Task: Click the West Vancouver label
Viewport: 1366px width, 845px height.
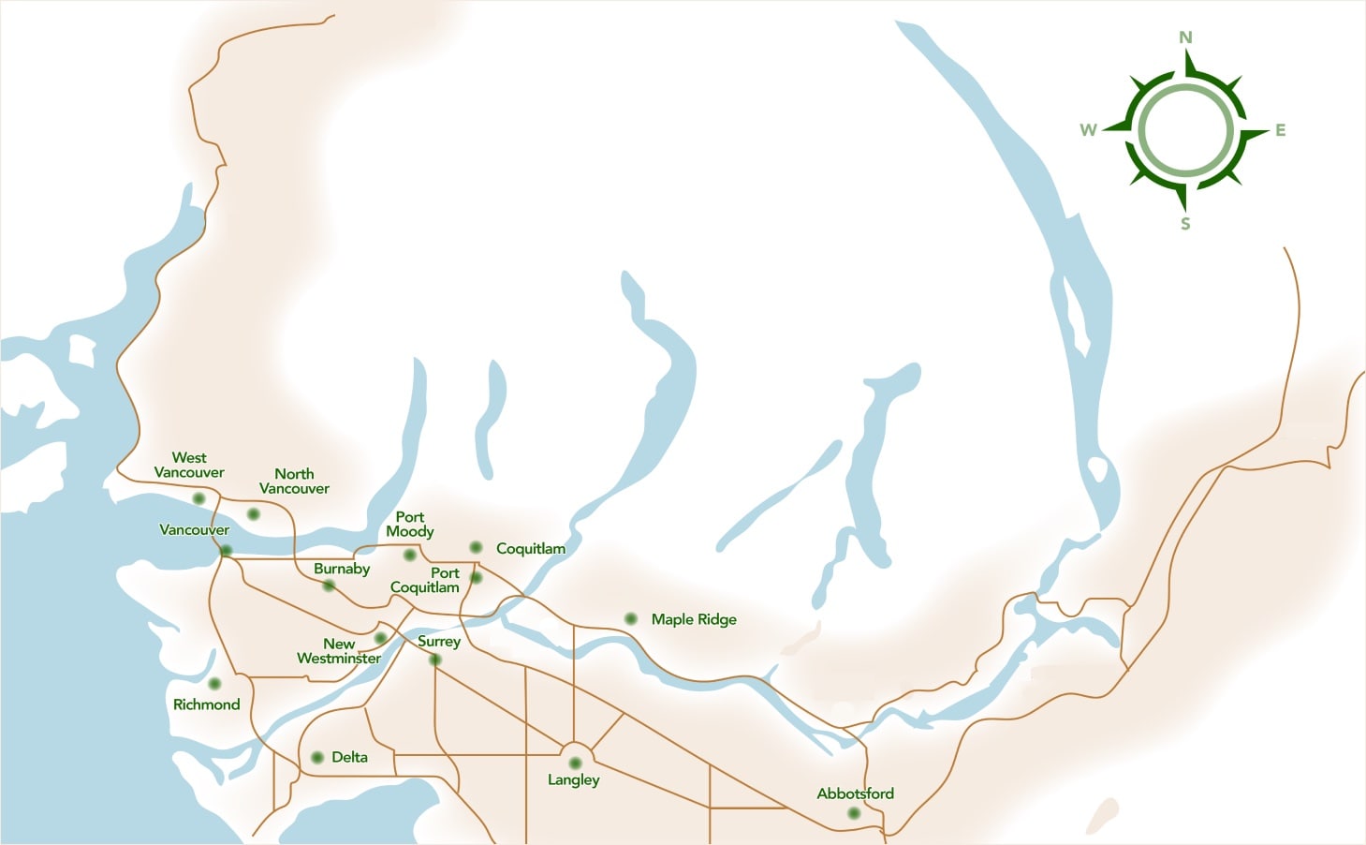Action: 189,465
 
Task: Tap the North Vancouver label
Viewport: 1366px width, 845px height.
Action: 294,481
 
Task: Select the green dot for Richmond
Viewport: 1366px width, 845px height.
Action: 214,684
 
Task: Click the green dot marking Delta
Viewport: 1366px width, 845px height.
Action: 317,757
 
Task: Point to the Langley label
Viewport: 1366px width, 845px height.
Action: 573,779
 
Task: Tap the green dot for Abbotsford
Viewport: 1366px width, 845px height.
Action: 853,813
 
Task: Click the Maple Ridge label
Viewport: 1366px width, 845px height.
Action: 694,619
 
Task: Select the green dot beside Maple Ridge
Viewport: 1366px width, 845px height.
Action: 631,619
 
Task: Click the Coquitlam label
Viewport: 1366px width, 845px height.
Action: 530,548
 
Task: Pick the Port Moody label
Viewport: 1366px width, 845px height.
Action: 410,524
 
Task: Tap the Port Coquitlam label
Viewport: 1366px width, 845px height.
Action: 426,580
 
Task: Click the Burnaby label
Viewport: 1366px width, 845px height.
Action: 342,569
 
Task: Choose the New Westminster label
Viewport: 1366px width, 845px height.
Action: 339,651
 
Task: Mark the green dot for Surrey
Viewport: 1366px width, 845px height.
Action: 434,660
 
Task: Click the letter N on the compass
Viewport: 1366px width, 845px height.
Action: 1185,37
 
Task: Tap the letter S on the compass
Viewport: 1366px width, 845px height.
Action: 1185,224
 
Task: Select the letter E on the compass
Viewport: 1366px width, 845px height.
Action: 1280,130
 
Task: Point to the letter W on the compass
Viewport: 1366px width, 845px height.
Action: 1088,130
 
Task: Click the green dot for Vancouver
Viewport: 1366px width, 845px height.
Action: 226,551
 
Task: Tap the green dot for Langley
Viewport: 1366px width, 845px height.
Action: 575,763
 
